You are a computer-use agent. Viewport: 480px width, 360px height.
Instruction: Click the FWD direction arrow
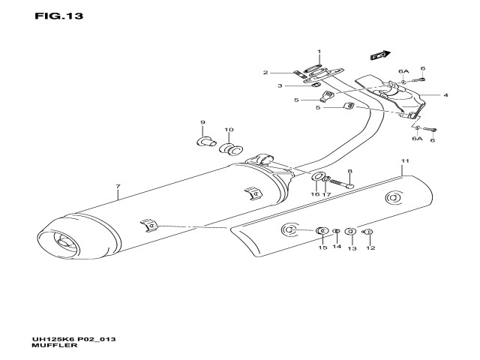[x=379, y=55]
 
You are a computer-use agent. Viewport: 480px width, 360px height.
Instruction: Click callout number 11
[x=404, y=161]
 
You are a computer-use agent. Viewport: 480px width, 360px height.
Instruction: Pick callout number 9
[x=202, y=122]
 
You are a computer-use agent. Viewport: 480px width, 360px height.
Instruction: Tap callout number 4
[x=445, y=95]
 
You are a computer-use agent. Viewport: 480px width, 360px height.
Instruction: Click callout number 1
[x=318, y=52]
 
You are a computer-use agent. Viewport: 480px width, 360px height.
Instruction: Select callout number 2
[x=265, y=73]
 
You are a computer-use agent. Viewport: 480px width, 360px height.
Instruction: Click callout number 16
[x=315, y=194]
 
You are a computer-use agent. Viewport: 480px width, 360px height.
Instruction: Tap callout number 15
[x=322, y=247]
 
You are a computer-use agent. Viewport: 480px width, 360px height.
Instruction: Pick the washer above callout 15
[x=322, y=230]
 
